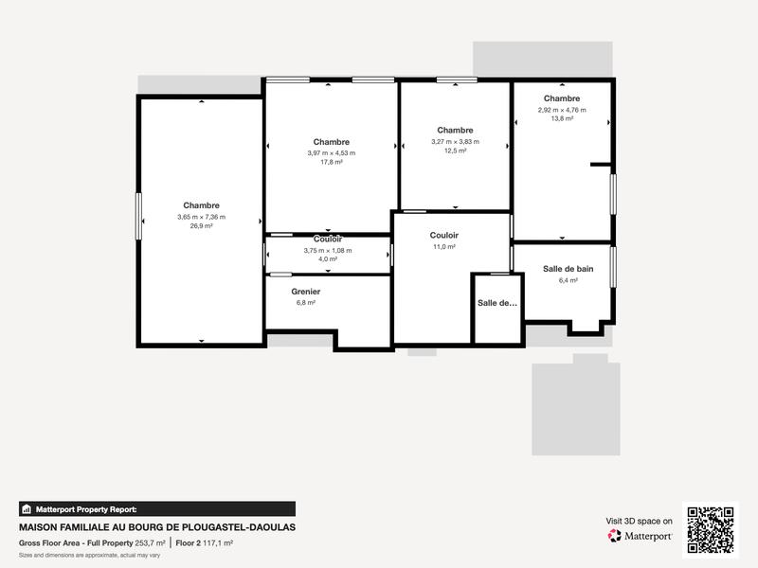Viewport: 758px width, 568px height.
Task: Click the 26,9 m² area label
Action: click(x=201, y=226)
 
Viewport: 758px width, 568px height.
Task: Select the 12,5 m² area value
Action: click(x=455, y=151)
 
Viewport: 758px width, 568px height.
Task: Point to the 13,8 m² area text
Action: click(x=562, y=119)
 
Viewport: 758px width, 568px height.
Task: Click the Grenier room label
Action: click(x=305, y=292)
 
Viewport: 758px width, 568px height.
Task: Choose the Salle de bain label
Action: click(x=568, y=269)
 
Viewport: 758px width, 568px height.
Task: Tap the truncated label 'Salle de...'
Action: click(x=497, y=303)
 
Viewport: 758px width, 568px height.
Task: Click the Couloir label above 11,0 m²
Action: click(x=443, y=235)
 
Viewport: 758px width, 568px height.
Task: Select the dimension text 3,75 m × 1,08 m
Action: click(x=328, y=250)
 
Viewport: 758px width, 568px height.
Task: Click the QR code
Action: click(x=711, y=530)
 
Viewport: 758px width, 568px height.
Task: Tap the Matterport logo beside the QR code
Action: click(x=641, y=536)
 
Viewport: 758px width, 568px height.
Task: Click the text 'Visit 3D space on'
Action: click(x=640, y=521)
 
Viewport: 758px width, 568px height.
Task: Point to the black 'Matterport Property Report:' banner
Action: click(x=157, y=508)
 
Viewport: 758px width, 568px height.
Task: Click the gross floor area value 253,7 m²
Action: click(x=150, y=543)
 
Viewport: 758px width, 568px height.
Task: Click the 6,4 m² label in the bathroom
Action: click(x=568, y=280)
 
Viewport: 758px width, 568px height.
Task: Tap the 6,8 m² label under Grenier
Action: click(x=305, y=303)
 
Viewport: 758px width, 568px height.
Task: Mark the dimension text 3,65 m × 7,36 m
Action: click(x=201, y=217)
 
